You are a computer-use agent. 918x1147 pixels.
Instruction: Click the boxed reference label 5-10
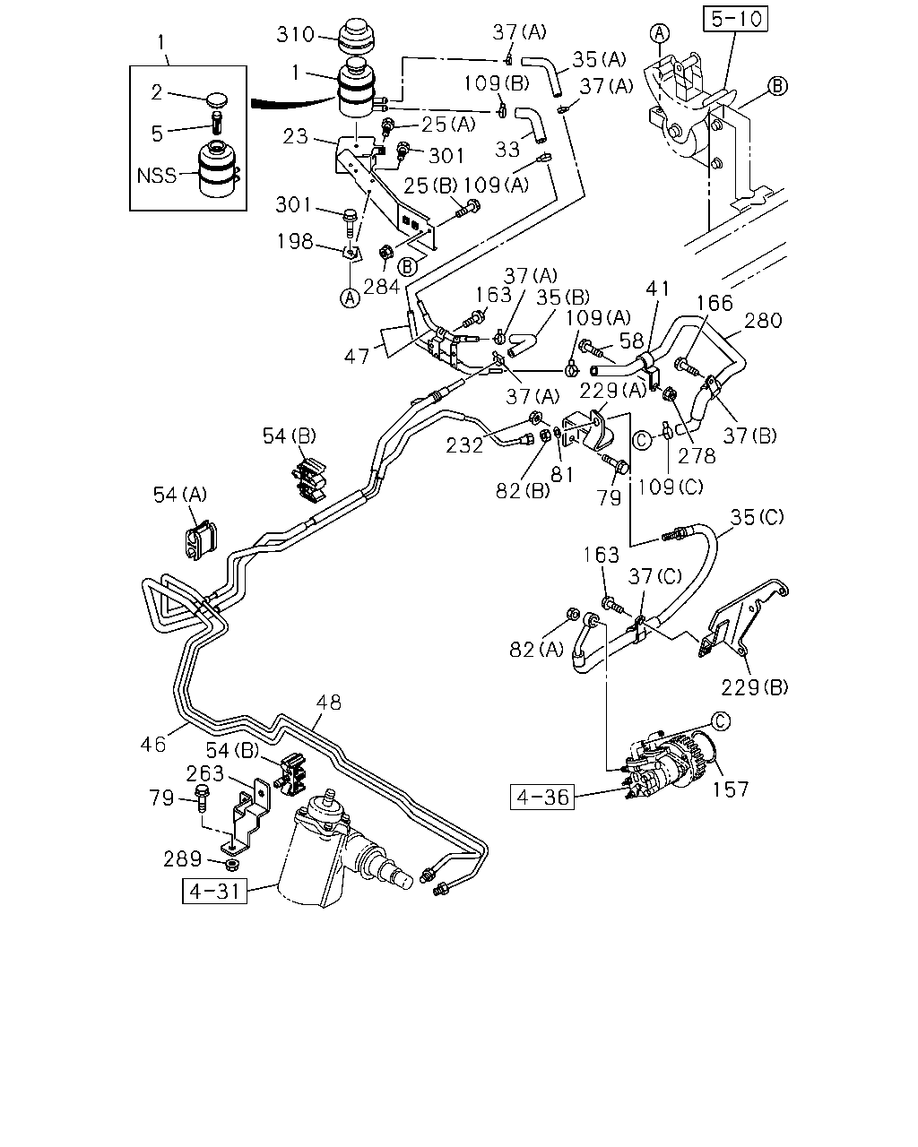click(735, 19)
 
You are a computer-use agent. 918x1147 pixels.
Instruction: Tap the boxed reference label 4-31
click(214, 891)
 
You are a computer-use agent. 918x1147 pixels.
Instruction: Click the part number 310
click(295, 35)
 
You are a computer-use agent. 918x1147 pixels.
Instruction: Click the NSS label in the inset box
click(156, 176)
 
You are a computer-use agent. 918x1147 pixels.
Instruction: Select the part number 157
click(731, 789)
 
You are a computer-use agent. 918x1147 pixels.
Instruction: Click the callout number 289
click(182, 859)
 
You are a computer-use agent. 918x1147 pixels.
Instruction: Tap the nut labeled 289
click(231, 864)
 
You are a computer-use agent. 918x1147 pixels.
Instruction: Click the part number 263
click(204, 773)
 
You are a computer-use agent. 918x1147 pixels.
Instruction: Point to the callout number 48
click(328, 703)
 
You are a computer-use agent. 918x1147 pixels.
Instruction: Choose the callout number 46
click(153, 744)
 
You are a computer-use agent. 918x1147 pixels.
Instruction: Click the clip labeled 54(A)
click(201, 539)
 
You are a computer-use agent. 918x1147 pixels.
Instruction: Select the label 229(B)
click(754, 688)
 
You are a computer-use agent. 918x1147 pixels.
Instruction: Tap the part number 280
click(763, 321)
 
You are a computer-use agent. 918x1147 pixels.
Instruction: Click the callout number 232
click(464, 445)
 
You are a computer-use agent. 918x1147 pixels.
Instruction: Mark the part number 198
click(294, 241)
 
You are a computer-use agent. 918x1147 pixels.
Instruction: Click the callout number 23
click(296, 136)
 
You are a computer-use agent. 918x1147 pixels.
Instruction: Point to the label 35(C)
click(757, 517)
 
